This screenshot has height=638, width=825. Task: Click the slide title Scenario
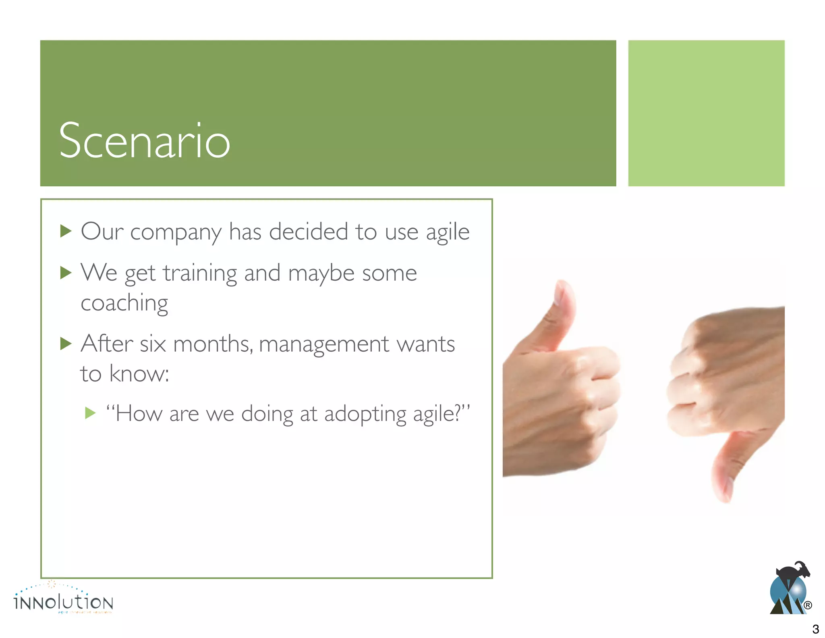point(144,141)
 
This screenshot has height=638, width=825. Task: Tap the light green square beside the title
point(706,113)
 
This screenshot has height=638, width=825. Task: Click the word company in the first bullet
point(176,233)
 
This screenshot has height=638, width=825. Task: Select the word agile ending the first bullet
point(448,233)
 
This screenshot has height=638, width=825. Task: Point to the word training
point(200,274)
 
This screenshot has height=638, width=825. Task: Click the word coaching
point(124,303)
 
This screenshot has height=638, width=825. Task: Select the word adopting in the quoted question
point(365,415)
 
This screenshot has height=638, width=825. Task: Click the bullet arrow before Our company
point(66,231)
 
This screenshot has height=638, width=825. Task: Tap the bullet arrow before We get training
point(66,273)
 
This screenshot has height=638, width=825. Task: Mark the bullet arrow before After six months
point(66,344)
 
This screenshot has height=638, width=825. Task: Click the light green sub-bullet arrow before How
point(91,413)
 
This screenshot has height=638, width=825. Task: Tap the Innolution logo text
point(64,603)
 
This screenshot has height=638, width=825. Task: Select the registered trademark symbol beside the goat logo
point(808,605)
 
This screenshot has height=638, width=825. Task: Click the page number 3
point(815,629)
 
